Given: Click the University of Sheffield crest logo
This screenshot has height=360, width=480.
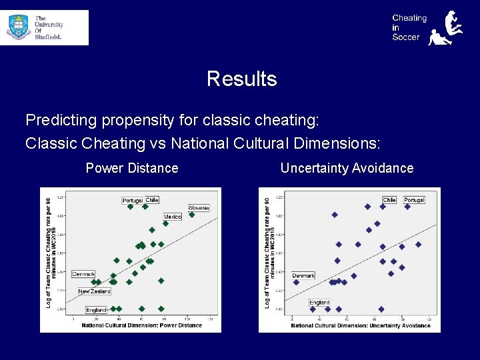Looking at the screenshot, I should point(19,27).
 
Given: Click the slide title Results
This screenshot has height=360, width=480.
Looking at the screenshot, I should point(241,79).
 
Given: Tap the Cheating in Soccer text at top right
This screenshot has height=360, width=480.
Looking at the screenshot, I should point(409,28).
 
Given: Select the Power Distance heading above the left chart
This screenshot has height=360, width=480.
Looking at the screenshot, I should point(132,168).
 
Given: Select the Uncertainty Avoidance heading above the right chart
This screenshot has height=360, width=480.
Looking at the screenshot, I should point(347,168).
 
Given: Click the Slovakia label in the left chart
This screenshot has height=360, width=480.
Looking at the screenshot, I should point(199,208).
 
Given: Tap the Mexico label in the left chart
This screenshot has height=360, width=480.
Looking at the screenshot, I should point(173,217).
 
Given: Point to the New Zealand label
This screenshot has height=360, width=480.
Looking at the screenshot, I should point(94,291).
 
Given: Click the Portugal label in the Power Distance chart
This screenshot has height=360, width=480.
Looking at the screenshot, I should point(133,200).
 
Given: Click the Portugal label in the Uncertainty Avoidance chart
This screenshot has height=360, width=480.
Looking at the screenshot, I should point(414,200).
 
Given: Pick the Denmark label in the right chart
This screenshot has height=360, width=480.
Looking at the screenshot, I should point(303,275).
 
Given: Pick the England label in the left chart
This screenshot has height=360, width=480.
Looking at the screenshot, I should point(96,310).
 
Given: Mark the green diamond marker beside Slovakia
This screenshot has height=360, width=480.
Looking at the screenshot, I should point(192,215).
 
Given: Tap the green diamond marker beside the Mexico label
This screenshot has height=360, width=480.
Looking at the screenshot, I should point(165,224).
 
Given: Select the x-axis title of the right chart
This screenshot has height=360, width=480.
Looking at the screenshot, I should point(351,325).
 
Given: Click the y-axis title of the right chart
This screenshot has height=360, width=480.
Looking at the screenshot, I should point(267,252).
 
